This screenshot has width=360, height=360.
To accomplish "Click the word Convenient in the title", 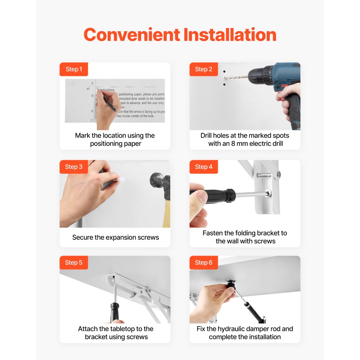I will coord(132,35).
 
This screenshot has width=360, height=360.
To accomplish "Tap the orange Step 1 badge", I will coord(74,69).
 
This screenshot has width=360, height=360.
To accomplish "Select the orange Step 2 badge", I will coord(204,69).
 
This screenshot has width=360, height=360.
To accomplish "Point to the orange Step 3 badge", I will coord(74,167).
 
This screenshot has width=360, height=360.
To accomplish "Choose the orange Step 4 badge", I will coord(204,167).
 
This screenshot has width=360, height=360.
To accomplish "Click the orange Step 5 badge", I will coord(74,262).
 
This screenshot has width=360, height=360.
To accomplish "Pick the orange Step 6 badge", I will coord(204,262).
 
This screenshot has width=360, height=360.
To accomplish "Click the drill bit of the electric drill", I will coord(236,77).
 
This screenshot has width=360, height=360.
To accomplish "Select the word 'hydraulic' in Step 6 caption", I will coord(238,329).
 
